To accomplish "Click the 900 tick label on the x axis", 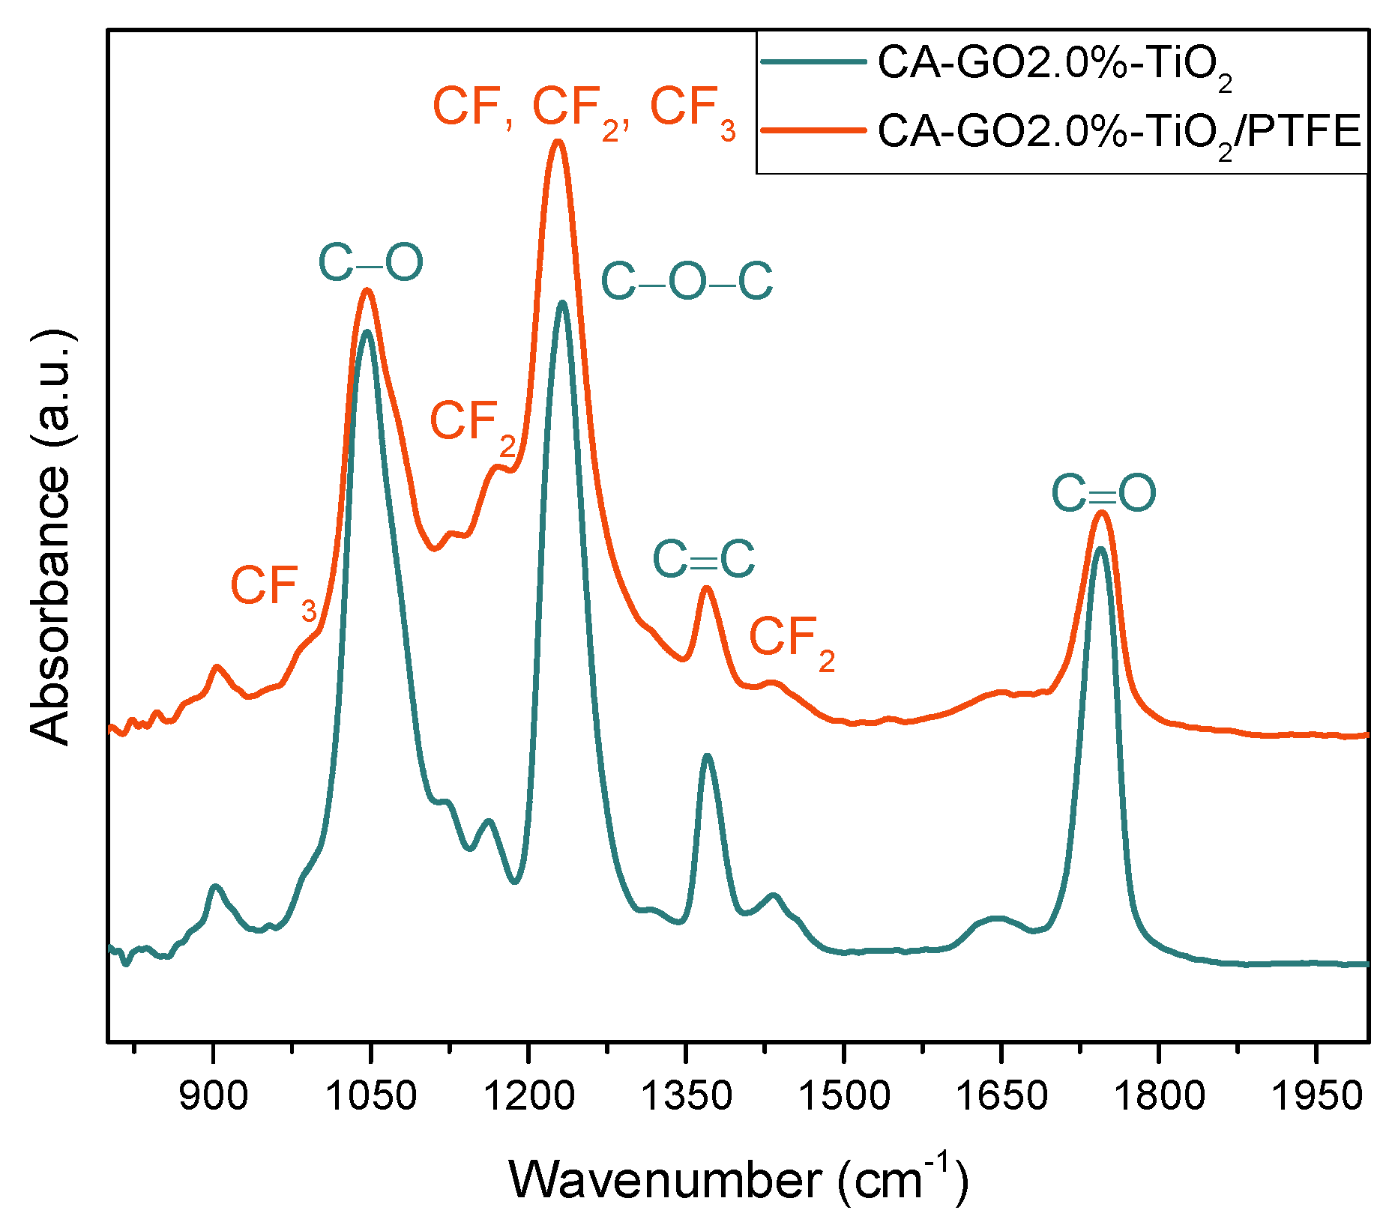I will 214,1096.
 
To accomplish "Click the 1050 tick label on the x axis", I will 370,1096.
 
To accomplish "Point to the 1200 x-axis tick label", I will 528,1096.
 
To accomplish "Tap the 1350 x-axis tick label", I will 686,1096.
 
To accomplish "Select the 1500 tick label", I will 844,1096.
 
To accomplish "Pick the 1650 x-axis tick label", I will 1001,1096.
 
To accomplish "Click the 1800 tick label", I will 1159,1096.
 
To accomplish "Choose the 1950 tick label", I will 1316,1096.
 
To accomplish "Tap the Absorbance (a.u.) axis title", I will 51,536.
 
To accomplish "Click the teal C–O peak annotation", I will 370,263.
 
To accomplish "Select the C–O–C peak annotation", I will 687,282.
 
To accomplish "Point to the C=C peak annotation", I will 703,559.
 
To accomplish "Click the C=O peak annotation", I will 1103,494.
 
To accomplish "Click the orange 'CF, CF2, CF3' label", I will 585,109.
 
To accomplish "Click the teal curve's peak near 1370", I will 707,756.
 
